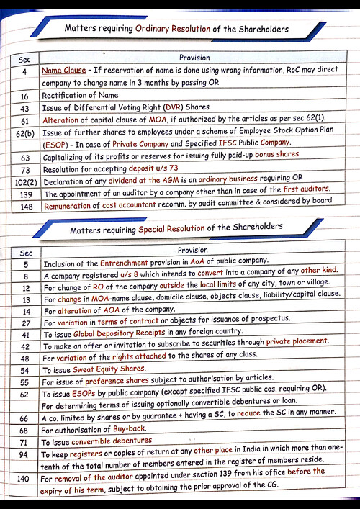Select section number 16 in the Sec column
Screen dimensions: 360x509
(24, 96)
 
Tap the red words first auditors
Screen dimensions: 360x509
(302, 194)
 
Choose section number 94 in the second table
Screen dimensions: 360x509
(23, 455)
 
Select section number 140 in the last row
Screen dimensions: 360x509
(24, 478)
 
